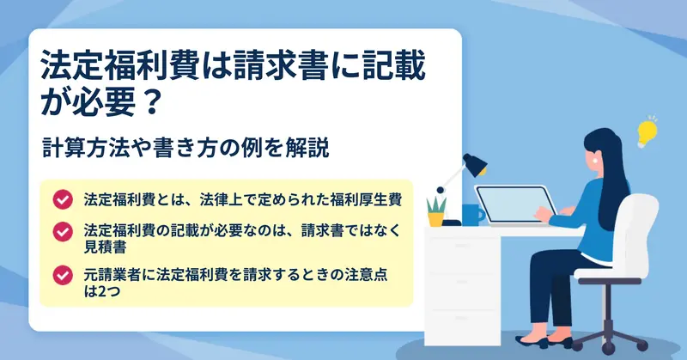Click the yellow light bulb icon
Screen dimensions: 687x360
click(647, 132)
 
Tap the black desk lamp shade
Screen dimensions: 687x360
click(476, 164)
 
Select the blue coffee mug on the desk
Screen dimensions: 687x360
click(472, 215)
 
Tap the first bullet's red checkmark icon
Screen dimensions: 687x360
click(63, 199)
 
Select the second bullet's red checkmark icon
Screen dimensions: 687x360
click(63, 231)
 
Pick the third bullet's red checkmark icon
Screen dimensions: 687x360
click(63, 275)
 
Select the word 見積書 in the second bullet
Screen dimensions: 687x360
click(105, 247)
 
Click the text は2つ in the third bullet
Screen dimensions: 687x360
click(102, 290)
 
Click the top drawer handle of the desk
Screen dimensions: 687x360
click(463, 246)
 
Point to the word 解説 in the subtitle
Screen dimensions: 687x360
click(314, 148)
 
